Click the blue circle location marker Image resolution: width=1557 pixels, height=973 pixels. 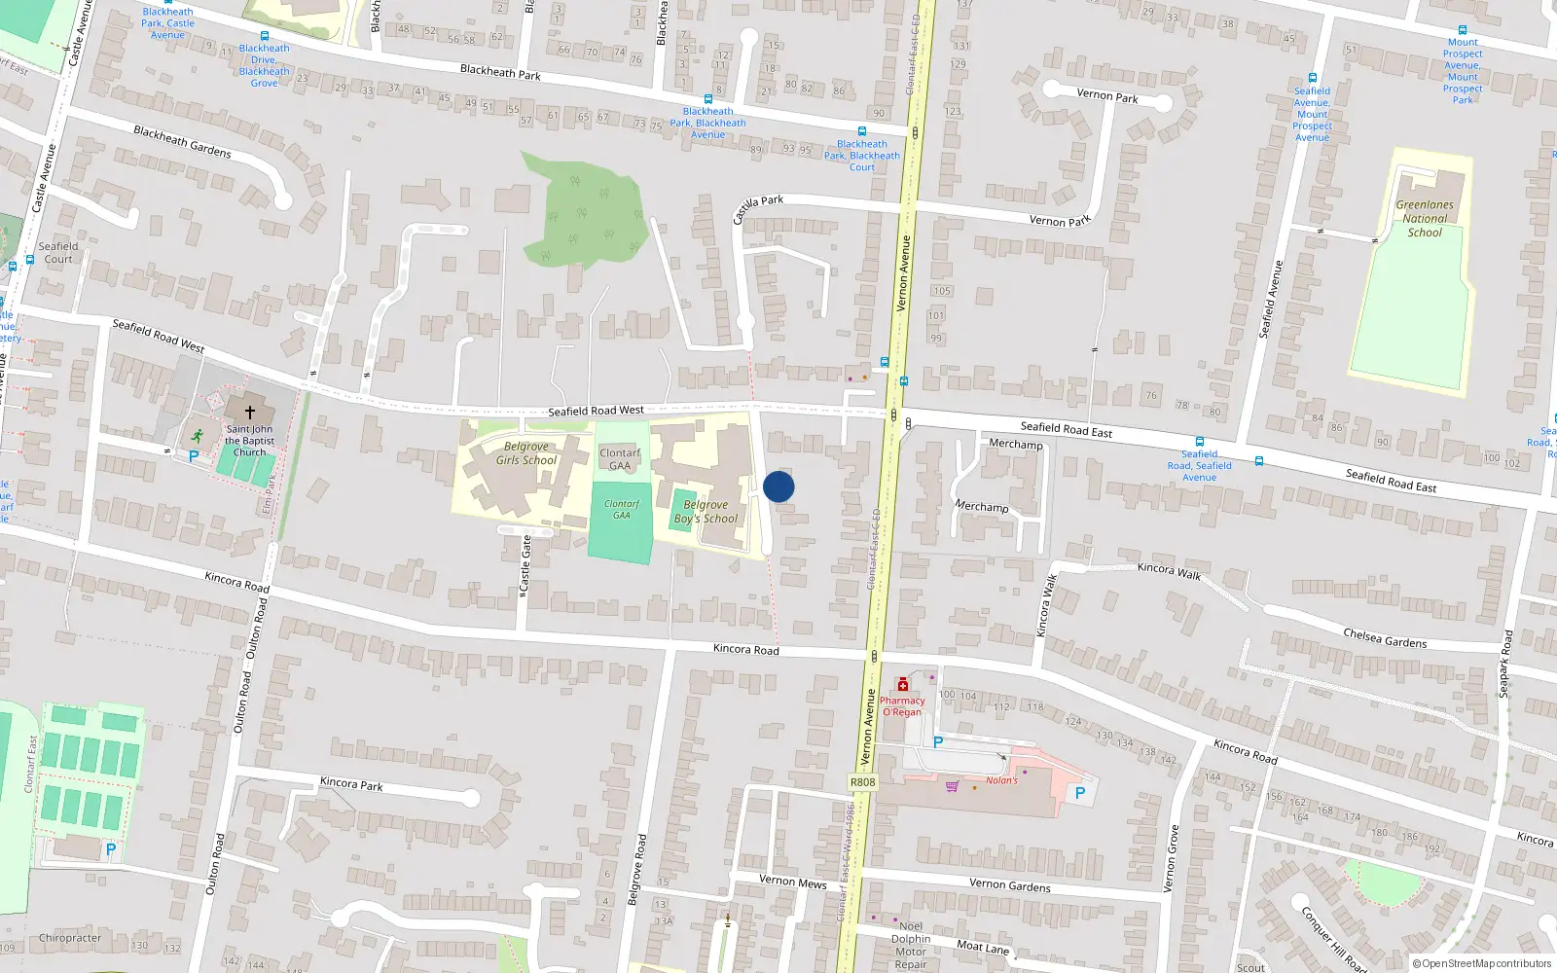click(x=778, y=486)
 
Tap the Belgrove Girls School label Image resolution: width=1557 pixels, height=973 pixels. click(x=526, y=453)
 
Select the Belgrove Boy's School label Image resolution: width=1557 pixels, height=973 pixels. click(x=706, y=512)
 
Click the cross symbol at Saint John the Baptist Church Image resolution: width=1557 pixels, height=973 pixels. click(x=249, y=412)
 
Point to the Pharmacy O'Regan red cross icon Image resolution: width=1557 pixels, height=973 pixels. click(x=903, y=685)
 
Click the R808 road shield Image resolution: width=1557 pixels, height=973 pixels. click(x=862, y=782)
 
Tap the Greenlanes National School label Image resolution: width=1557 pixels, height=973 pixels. click(x=1425, y=219)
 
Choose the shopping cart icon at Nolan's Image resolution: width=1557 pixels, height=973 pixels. click(x=952, y=786)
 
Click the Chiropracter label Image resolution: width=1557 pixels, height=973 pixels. click(x=70, y=938)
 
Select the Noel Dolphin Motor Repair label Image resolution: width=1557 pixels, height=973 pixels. click(x=911, y=945)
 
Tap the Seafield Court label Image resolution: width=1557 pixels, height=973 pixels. click(x=58, y=253)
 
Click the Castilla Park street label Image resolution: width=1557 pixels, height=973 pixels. click(x=758, y=207)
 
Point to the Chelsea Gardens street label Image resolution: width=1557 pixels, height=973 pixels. click(x=1385, y=638)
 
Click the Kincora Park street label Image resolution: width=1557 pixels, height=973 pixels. click(x=351, y=783)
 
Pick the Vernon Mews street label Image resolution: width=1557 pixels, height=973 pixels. click(x=793, y=882)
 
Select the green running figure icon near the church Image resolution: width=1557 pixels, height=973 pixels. click(x=199, y=436)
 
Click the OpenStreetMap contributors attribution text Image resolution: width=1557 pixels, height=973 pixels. click(x=1482, y=964)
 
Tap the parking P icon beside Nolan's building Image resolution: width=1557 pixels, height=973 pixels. click(x=1079, y=794)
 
